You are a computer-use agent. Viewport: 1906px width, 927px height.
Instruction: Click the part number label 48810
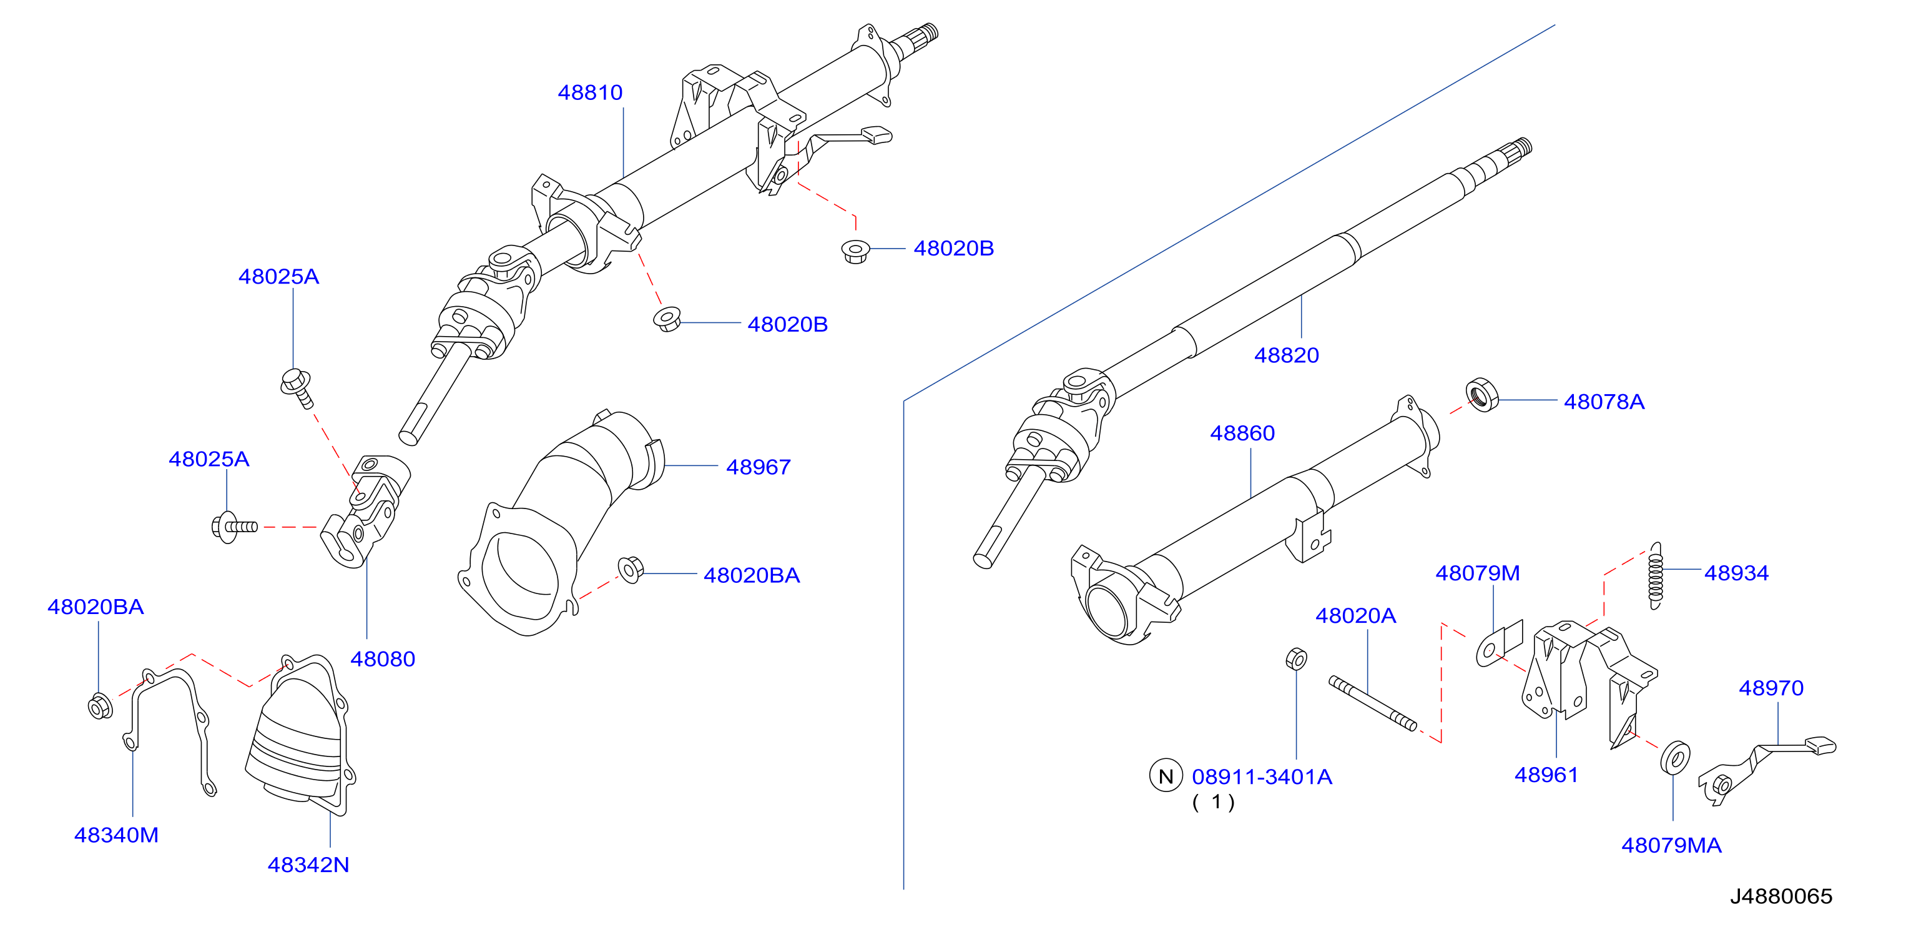click(590, 92)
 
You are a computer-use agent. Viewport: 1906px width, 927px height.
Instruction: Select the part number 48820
click(1286, 355)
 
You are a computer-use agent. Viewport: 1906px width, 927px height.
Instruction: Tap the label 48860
click(1242, 433)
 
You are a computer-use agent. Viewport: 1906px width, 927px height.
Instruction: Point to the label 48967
click(758, 467)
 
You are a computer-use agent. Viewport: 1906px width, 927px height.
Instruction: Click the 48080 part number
click(382, 659)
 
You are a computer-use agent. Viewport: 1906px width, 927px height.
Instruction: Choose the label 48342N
click(308, 865)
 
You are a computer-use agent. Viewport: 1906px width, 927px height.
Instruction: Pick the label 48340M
click(116, 835)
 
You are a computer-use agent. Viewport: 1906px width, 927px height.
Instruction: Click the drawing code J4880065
click(1781, 896)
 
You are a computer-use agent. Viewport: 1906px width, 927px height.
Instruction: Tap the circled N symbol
click(1166, 776)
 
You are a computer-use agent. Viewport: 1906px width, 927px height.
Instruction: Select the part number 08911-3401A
click(1262, 776)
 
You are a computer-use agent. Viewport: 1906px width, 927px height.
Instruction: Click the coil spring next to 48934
click(1655, 576)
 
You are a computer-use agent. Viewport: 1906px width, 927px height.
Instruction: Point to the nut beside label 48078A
click(1481, 395)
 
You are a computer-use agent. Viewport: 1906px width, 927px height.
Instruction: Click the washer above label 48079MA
click(1675, 758)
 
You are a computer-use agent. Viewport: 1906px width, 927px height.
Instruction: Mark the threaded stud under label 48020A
click(1372, 703)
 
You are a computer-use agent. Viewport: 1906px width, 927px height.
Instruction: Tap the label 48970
click(1771, 688)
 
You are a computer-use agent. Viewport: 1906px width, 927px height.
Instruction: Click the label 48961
click(1546, 775)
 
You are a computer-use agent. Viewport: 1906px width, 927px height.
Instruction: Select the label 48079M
click(1477, 573)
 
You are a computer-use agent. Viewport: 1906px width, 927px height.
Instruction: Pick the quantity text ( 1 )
click(1214, 802)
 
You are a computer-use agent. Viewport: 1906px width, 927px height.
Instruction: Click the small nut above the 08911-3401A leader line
click(1296, 658)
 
